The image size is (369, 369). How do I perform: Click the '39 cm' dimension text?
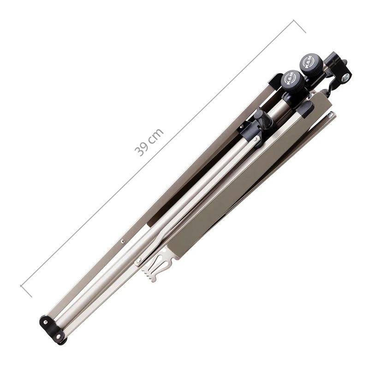click(x=149, y=142)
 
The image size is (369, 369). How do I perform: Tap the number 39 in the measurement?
click(x=142, y=149)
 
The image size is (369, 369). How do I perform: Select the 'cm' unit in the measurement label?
click(x=156, y=135)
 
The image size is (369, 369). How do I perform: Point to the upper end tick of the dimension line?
click(x=299, y=26)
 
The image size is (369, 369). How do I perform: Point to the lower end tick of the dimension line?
click(x=26, y=291)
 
